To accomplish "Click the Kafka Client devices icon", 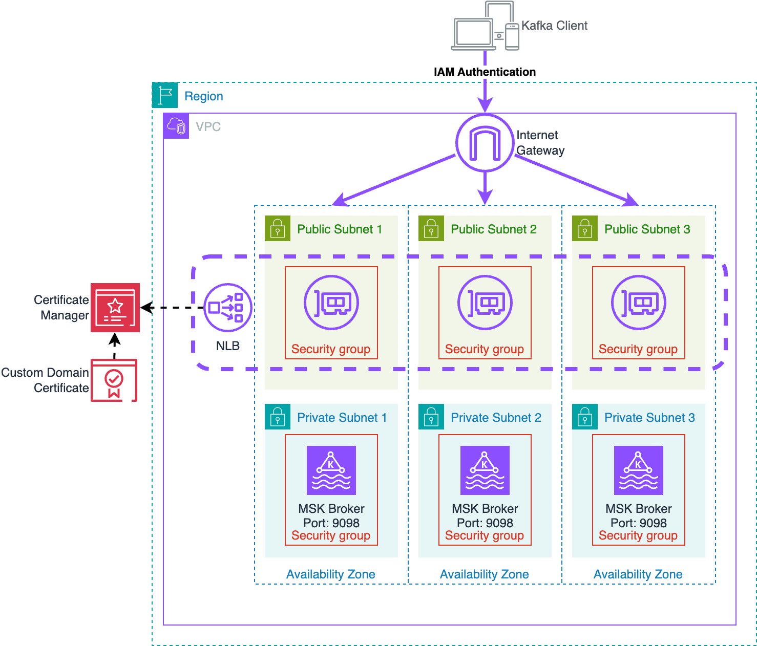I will pos(485,27).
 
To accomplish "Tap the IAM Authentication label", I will pos(485,72).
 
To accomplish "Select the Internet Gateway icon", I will pos(485,143).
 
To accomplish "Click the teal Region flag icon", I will pos(165,95).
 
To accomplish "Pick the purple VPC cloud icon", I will pos(176,126).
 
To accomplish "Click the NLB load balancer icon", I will pos(228,308).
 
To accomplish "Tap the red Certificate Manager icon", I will pos(115,307).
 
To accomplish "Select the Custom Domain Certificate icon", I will pos(114,380).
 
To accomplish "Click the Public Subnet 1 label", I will pos(340,229).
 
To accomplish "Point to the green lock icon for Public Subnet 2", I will pos(431,228).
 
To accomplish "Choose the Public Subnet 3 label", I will pos(647,229).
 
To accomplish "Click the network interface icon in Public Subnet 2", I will pos(485,303).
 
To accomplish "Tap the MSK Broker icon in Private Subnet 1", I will pos(331,470).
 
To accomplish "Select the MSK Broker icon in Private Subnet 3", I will pos(638,470).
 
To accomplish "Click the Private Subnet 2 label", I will pos(496,418).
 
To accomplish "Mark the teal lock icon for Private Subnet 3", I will pos(585,417).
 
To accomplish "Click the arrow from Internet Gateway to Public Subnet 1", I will pos(394,179).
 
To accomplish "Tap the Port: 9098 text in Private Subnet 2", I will pos(485,523).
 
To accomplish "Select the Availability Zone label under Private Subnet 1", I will pos(331,574).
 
